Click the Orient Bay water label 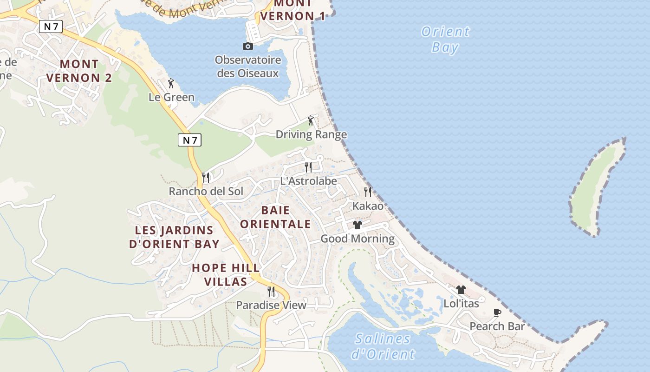(x=445, y=40)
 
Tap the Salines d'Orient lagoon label (x=383, y=346)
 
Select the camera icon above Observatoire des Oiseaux (x=248, y=46)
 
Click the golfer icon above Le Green (x=171, y=84)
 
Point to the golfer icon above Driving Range (x=311, y=121)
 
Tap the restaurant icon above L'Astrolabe (x=308, y=167)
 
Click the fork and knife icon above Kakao (x=368, y=192)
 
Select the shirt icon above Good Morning (x=357, y=225)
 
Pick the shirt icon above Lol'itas (x=461, y=290)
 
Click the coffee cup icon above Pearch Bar (x=497, y=312)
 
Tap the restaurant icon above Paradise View (x=271, y=292)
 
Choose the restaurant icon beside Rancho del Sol (x=206, y=177)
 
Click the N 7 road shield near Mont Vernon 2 (x=51, y=27)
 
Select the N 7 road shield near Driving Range (x=189, y=140)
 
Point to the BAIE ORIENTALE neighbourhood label (x=275, y=217)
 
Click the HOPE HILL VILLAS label (x=226, y=275)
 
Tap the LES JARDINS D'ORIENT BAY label (x=174, y=237)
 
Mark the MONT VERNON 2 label (x=79, y=71)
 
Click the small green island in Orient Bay (x=597, y=186)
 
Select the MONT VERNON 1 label (x=292, y=10)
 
